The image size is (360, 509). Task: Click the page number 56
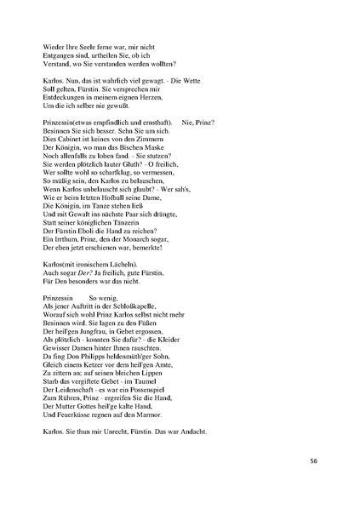314,460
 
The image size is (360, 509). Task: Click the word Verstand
55,63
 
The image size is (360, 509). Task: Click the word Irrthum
67,238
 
